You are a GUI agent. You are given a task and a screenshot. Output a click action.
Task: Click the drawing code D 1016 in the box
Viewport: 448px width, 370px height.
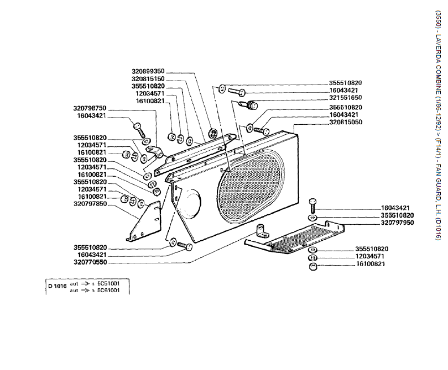click(x=57, y=286)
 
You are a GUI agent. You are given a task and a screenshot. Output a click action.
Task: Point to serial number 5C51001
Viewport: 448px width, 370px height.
click(x=108, y=283)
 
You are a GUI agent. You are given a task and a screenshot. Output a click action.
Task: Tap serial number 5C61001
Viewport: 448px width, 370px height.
click(x=108, y=290)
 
